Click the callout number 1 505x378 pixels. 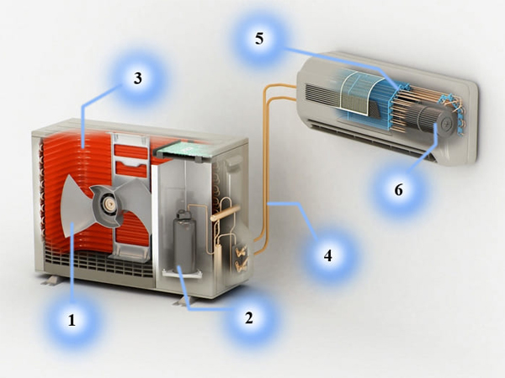pos(72,320)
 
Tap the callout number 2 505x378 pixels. pos(249,317)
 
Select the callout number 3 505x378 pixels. pos(138,78)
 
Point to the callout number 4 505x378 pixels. pos(328,256)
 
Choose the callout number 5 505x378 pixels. pos(259,39)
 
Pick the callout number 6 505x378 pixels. pos(399,190)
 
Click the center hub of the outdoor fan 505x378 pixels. pos(109,205)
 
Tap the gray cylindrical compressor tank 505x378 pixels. pos(183,242)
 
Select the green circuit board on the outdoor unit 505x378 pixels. pos(183,149)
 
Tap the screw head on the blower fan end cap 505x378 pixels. pos(447,122)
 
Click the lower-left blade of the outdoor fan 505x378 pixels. pos(77,207)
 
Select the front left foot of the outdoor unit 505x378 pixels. pos(50,280)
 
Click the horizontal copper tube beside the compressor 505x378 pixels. pos(226,213)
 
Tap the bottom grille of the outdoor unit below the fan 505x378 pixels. pos(98,263)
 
